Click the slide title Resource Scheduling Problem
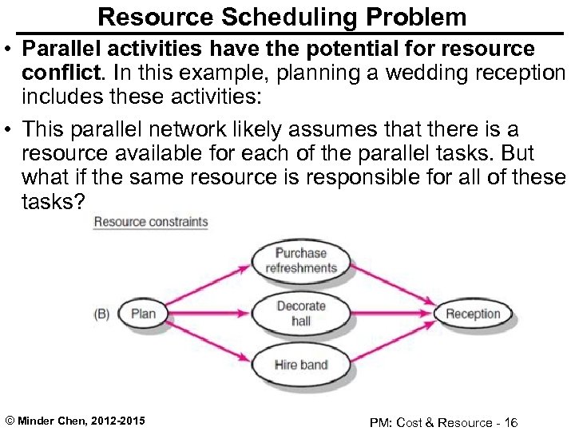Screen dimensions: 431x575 click(x=282, y=16)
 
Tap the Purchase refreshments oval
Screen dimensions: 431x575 click(x=301, y=260)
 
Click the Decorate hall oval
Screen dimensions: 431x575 click(x=301, y=313)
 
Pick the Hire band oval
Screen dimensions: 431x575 click(x=301, y=365)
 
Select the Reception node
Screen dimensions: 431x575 click(x=472, y=314)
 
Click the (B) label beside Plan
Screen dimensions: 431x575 click(x=101, y=314)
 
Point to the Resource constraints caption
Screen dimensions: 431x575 click(x=150, y=222)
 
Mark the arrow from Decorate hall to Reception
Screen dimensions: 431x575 click(x=391, y=313)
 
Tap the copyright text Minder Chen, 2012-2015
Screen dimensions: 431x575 click(x=75, y=421)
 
